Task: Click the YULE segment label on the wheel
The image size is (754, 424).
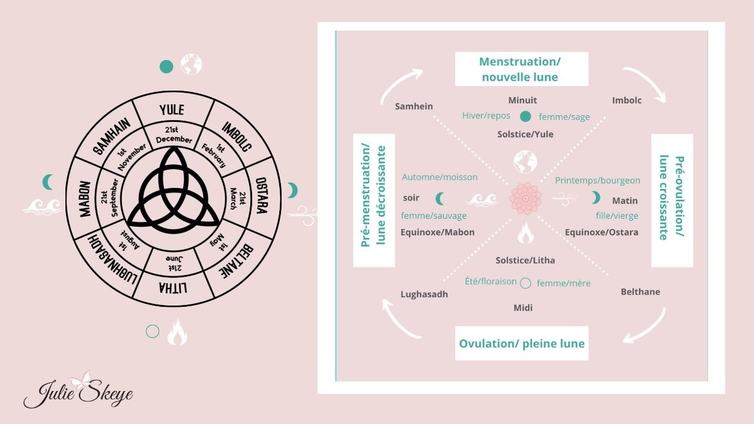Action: (172, 110)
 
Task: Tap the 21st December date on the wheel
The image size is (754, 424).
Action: (174, 135)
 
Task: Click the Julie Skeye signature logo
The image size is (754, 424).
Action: (78, 391)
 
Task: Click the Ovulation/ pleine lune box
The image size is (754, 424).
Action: (521, 343)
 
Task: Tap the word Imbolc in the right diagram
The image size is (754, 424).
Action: (627, 100)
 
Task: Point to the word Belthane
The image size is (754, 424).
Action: (640, 291)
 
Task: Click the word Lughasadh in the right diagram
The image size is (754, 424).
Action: (424, 294)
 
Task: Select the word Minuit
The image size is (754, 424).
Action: (522, 100)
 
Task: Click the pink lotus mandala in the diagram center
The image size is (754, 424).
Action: (524, 198)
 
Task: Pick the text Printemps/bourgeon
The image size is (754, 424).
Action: (597, 180)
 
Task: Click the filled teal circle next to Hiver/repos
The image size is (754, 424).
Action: (525, 116)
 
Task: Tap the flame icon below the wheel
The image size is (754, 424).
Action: (177, 332)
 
